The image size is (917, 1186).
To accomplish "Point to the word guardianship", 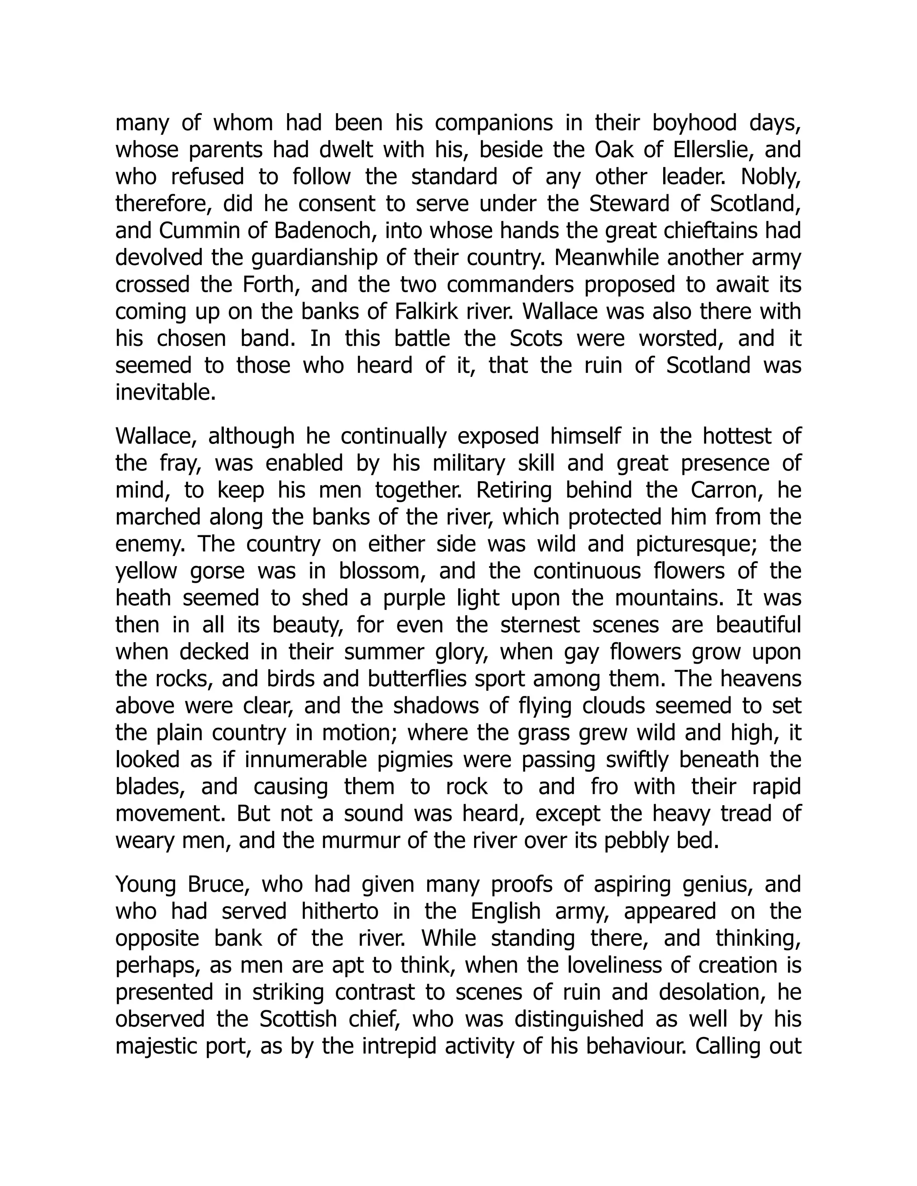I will pyautogui.click(x=314, y=257).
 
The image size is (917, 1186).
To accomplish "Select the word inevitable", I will pyautogui.click(x=165, y=392).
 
